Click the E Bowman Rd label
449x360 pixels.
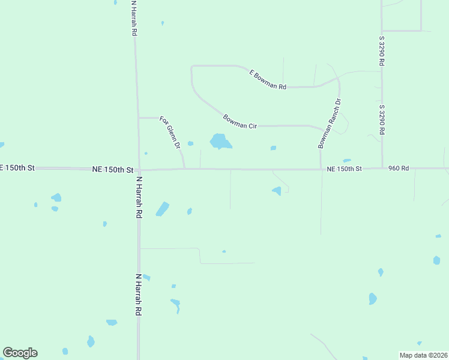pyautogui.click(x=268, y=80)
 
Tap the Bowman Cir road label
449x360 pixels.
pyautogui.click(x=240, y=121)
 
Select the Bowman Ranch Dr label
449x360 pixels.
pyautogui.click(x=330, y=124)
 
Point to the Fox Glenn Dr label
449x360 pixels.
pyautogui.click(x=170, y=133)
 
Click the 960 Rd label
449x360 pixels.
pyautogui.click(x=398, y=169)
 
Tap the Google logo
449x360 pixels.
pyautogui.click(x=20, y=353)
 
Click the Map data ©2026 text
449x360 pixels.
pyautogui.click(x=424, y=355)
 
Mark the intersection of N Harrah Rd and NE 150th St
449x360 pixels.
pyautogui.click(x=139, y=169)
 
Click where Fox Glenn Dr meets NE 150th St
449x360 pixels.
pyautogui.click(x=184, y=169)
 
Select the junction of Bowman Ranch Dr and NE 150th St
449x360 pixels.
pyautogui.click(x=321, y=169)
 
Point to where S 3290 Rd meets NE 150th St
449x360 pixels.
pyautogui.click(x=382, y=168)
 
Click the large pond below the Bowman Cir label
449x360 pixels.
pyautogui.click(x=220, y=142)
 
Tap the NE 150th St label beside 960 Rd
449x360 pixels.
pyautogui.click(x=345, y=169)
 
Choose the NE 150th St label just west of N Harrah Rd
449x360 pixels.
pyautogui.click(x=112, y=170)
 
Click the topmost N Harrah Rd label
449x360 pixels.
pyautogui.click(x=133, y=18)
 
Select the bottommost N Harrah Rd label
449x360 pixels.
pyautogui.click(x=139, y=295)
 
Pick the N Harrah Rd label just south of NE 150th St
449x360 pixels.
pyautogui.click(x=139, y=197)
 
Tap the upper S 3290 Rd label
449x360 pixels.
pyautogui.click(x=381, y=51)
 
